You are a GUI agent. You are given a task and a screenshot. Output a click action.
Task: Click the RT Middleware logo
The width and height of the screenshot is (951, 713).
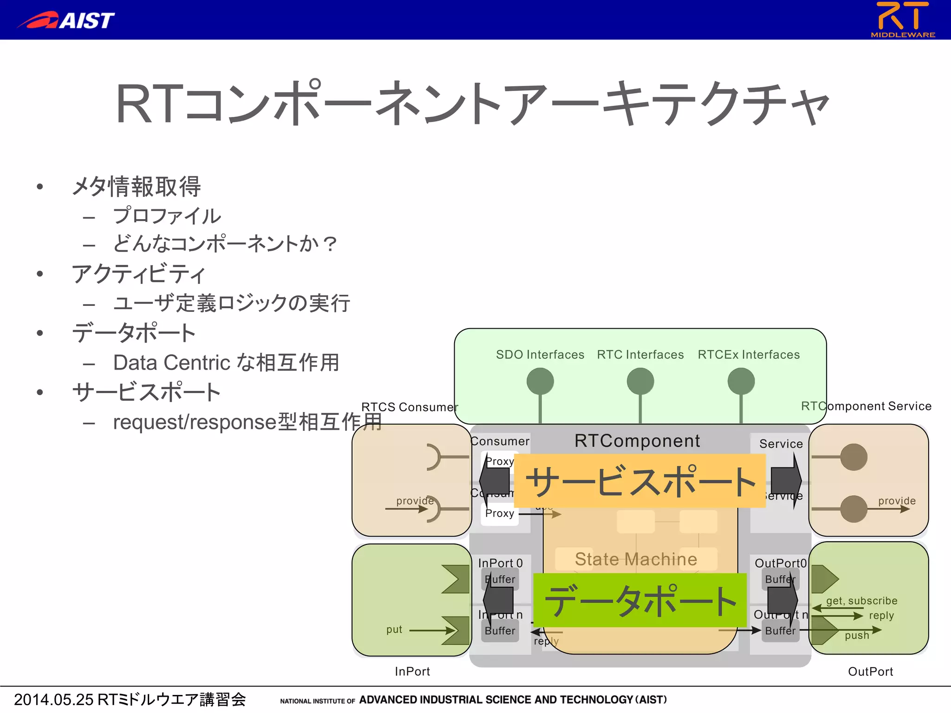[903, 19]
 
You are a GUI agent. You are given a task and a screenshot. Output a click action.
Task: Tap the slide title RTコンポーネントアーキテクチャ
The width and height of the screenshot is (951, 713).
[473, 103]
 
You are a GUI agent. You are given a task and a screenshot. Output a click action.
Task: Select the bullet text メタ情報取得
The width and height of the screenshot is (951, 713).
[136, 187]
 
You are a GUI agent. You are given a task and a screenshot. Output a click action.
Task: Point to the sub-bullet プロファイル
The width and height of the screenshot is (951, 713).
[167, 216]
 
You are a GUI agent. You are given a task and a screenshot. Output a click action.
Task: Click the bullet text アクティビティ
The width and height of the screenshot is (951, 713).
[138, 273]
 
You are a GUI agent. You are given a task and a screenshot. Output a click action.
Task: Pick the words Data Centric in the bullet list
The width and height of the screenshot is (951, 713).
[172, 363]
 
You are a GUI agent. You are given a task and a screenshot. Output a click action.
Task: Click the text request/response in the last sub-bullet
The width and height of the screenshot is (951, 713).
[195, 422]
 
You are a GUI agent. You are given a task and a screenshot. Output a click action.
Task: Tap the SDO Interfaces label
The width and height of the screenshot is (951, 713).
[540, 355]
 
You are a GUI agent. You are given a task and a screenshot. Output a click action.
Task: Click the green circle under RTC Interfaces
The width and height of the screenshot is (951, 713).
[640, 381]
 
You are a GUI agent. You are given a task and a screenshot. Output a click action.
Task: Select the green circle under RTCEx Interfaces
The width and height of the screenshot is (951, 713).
[741, 381]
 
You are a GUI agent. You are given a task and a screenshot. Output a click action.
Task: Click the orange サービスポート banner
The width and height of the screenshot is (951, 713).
[640, 481]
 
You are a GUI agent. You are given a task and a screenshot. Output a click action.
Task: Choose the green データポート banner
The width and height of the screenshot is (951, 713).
[640, 600]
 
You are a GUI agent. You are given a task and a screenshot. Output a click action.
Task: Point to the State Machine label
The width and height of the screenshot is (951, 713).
[636, 559]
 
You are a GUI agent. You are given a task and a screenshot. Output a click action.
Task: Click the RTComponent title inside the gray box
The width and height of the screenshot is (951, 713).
[637, 441]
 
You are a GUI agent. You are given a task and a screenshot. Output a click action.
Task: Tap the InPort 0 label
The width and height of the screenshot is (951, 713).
[500, 563]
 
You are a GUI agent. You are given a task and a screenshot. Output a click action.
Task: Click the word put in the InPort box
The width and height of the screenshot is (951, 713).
[394, 629]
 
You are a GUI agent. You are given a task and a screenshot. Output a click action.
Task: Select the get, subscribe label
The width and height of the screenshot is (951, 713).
[861, 601]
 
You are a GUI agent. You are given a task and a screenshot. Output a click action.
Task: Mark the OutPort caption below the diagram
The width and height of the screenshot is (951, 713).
[870, 671]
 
